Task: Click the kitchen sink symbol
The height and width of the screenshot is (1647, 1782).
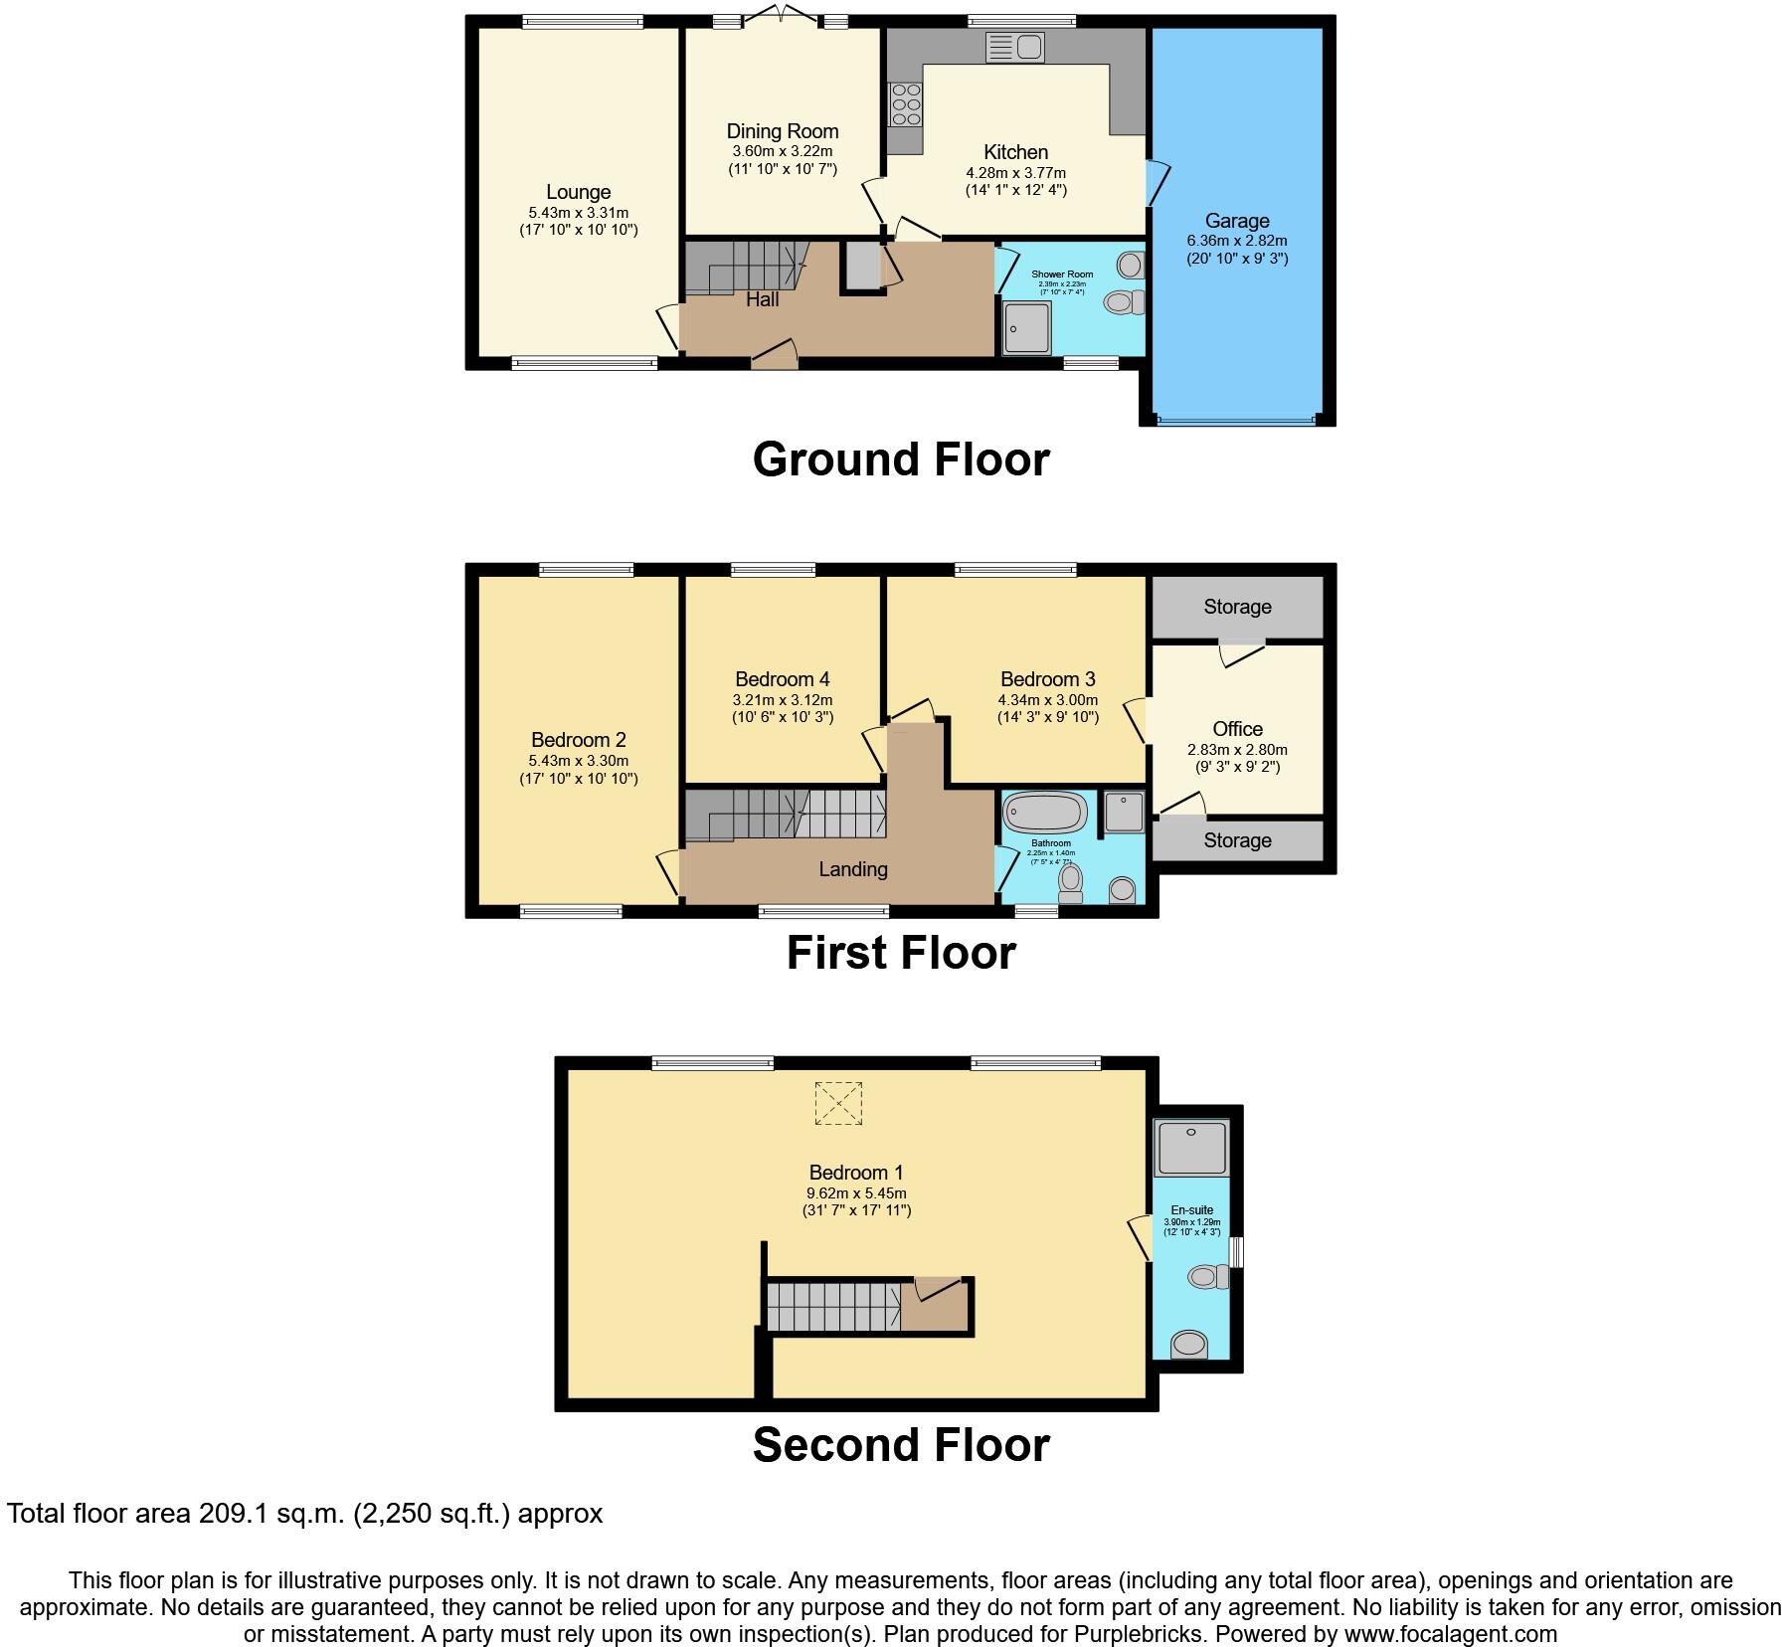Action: point(1014,47)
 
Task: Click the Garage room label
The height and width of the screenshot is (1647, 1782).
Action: point(1237,221)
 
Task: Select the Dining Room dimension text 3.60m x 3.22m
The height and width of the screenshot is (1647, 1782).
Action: point(782,151)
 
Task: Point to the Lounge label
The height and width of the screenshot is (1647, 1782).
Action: point(578,192)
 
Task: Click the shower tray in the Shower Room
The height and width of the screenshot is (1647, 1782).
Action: point(1026,328)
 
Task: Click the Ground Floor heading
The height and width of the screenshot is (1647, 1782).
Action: point(900,459)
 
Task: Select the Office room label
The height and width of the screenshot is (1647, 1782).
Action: point(1237,729)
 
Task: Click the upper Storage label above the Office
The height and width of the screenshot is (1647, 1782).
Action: point(1237,607)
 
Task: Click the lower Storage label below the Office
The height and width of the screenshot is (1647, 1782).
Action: point(1237,840)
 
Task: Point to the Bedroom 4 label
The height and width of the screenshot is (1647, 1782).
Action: point(782,679)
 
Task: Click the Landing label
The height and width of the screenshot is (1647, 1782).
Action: point(852,869)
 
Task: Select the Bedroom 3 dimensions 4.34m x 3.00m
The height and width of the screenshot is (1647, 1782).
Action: point(1048,699)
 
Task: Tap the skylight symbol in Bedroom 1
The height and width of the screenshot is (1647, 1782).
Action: point(838,1103)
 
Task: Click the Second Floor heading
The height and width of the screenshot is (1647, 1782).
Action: point(900,1444)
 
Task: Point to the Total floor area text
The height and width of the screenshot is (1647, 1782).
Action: point(304,1514)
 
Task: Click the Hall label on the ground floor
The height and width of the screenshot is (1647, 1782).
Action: point(762,299)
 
